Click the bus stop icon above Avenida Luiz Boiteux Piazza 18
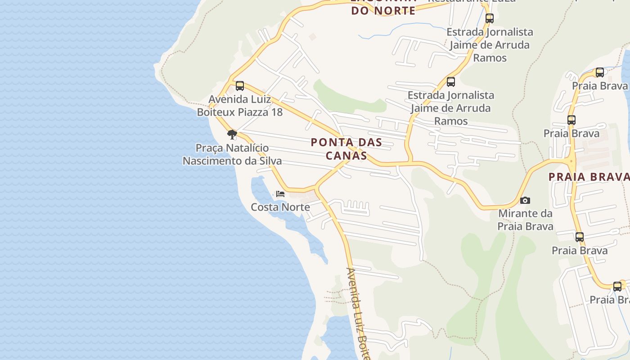pos(240,85)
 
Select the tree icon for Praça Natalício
pos(232,134)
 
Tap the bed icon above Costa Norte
pos(280,194)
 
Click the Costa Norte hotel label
pos(280,207)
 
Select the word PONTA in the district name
pos(330,143)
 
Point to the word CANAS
pos(346,156)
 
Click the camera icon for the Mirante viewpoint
pos(525,200)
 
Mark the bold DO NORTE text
pos(383,11)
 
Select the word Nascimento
pos(210,161)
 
